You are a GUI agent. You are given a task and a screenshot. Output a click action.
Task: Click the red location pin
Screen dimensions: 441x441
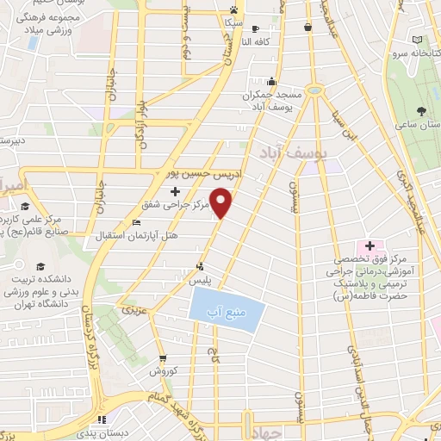click(222, 202)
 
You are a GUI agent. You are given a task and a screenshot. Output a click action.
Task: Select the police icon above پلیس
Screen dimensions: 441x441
click(200, 266)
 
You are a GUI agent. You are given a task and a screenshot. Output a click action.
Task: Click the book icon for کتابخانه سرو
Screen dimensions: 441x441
click(418, 40)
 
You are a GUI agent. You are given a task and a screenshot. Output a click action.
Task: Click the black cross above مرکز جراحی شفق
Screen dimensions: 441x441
click(175, 190)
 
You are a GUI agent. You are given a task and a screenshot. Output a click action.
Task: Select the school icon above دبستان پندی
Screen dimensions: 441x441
click(102, 419)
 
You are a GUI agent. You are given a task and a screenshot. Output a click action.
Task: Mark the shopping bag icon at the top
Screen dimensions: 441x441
click(307, 28)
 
